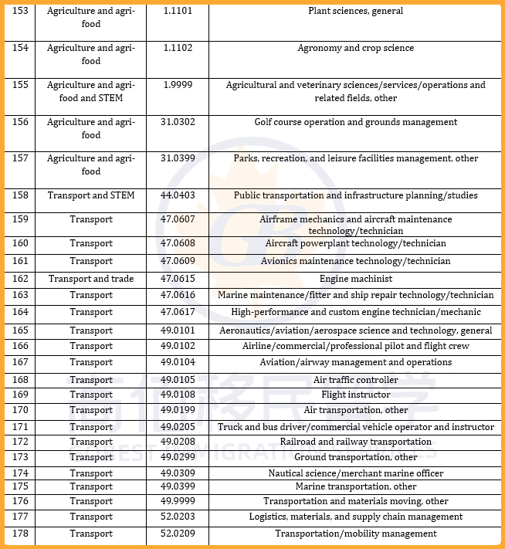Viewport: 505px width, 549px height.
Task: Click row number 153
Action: coord(20,12)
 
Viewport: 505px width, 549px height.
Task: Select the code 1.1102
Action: coord(177,48)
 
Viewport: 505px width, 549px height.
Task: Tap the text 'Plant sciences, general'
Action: coord(355,12)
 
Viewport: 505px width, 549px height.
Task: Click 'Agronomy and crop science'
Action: coord(355,48)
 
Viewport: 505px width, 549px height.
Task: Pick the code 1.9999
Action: coord(177,85)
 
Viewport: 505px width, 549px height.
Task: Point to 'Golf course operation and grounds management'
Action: coord(355,122)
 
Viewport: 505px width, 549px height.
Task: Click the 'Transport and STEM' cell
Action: coord(91,195)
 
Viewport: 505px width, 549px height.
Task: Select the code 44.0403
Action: coord(177,195)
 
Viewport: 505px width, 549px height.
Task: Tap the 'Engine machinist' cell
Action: coord(355,279)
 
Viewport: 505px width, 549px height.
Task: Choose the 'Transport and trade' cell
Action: coord(91,279)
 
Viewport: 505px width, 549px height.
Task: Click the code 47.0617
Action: coord(177,312)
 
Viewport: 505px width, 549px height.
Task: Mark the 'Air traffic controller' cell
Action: coord(355,380)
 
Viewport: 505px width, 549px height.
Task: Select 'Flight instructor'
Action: coord(355,395)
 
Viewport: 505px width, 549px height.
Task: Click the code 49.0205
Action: coord(177,427)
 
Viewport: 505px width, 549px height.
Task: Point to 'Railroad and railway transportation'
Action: coord(355,442)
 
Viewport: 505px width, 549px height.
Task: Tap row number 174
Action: coord(20,473)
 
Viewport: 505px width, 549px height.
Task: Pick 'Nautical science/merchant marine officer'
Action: coord(355,473)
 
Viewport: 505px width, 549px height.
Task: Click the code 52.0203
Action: coord(177,517)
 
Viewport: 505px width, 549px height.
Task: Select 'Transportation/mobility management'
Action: coord(355,534)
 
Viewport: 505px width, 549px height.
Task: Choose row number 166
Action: coord(20,346)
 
